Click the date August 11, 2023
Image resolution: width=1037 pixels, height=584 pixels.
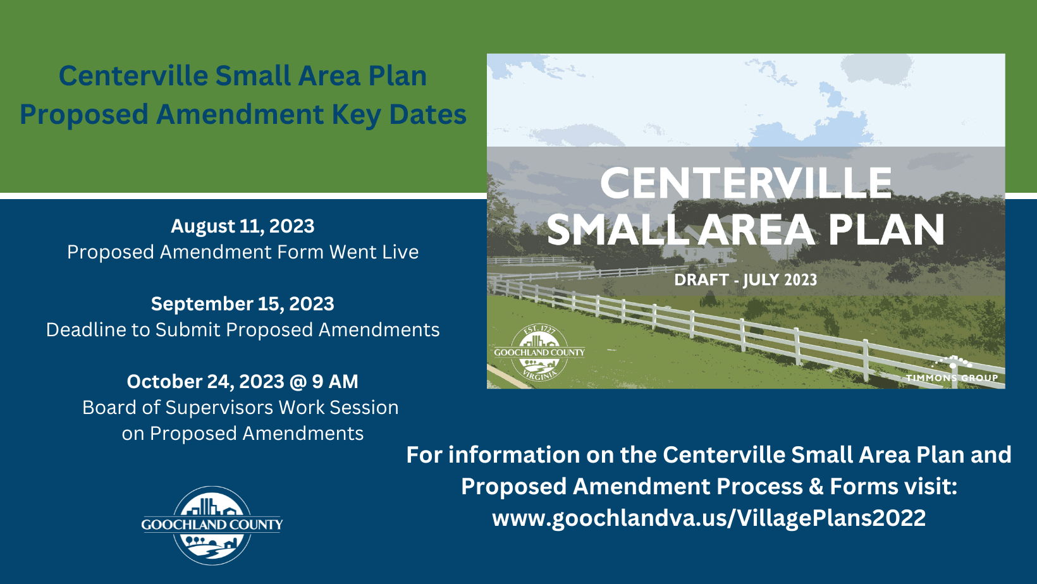tap(243, 226)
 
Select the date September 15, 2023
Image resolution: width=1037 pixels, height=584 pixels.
tap(243, 304)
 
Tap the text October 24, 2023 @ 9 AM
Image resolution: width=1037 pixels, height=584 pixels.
tap(243, 382)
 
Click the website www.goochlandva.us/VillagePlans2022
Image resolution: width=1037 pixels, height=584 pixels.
tap(709, 518)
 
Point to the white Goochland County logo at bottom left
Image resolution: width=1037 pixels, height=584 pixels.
tap(212, 525)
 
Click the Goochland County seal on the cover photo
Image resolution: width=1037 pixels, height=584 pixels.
tap(539, 353)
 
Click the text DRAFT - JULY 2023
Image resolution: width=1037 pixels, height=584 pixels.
tap(746, 280)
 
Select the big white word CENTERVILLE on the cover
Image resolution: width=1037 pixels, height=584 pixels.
tap(746, 183)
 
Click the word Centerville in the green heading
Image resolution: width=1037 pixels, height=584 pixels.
tap(133, 76)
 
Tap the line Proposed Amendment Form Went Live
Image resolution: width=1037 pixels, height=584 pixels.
tap(243, 252)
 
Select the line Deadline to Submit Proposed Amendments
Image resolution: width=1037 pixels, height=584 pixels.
tap(243, 330)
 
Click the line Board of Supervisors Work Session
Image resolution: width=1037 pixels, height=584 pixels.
tap(240, 408)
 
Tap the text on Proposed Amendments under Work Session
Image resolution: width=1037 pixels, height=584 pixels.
tap(243, 434)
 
